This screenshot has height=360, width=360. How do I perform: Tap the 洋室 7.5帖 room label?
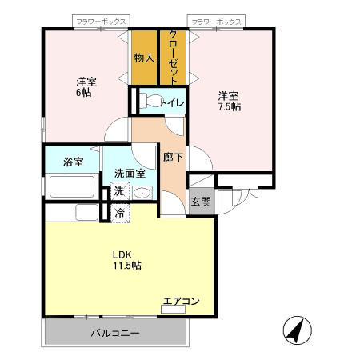pos(230,101)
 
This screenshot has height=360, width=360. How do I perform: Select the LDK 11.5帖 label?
pos(126,260)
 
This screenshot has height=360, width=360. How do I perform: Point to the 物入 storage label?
pos(144,58)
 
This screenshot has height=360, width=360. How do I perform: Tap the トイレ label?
pos(172,102)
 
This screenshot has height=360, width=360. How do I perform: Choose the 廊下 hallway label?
pos(173,157)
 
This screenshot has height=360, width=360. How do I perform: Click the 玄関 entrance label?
pos(200,202)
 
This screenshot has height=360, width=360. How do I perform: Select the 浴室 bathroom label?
pos(73,162)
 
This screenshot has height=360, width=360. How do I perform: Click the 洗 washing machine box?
pos(118,191)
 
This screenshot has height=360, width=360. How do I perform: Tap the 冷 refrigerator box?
pos(118,213)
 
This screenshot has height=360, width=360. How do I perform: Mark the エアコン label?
pos(182,302)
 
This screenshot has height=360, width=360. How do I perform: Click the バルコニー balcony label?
pos(114,332)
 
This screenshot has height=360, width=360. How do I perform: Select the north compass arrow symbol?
pos(296,330)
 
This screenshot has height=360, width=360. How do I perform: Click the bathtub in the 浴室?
pos(73,187)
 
